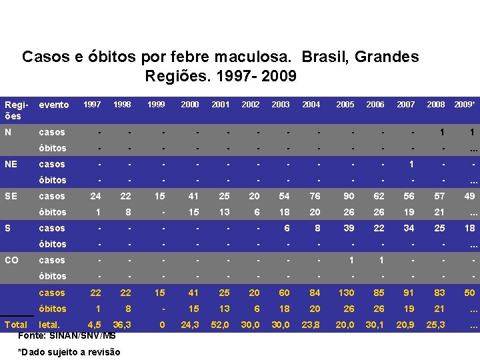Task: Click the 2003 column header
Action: coord(281,105)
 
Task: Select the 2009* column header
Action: coord(464,105)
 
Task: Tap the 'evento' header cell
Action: coord(54,105)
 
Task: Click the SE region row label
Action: coord(11,196)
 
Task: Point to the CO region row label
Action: coord(12,260)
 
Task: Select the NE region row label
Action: coord(11,164)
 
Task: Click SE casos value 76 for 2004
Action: coord(315,196)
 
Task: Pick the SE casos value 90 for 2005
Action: coord(349,196)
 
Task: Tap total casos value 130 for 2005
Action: coord(346,293)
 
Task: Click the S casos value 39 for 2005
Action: coord(349,228)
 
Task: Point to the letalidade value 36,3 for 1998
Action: coord(122,325)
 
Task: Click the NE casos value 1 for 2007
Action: coord(411,164)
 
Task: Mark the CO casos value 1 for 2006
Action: coord(381,260)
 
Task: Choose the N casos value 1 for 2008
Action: coord(441,133)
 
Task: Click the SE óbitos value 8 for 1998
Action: coord(127,212)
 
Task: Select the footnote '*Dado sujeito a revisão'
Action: coord(69,352)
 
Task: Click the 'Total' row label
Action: coord(16,325)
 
